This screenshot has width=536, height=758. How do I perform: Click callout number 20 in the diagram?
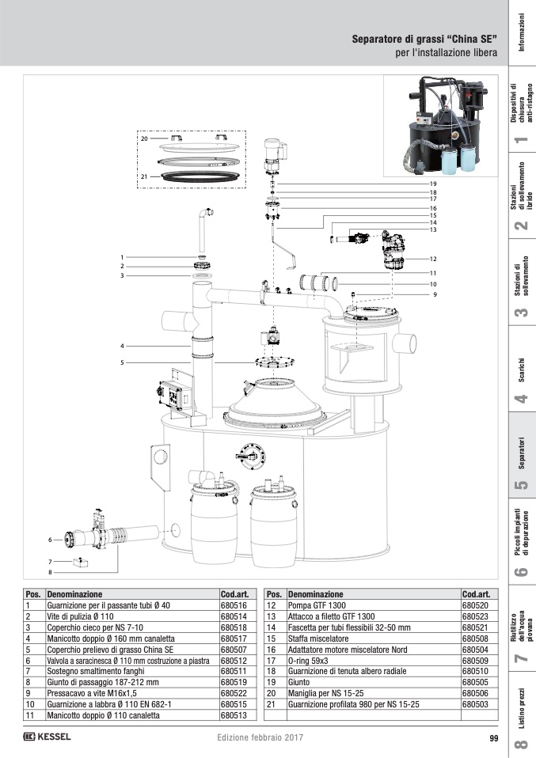click(x=144, y=138)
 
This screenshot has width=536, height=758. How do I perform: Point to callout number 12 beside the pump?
click(x=434, y=259)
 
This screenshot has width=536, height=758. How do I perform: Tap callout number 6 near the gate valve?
click(x=49, y=540)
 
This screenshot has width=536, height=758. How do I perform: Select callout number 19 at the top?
click(x=434, y=184)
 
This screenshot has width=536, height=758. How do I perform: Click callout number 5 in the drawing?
click(x=123, y=362)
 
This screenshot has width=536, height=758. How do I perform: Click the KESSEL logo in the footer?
click(x=48, y=737)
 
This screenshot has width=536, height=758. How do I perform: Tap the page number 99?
click(x=493, y=738)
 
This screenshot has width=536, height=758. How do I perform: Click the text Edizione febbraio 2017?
click(x=259, y=738)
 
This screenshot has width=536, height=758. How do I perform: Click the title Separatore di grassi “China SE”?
click(x=424, y=39)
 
